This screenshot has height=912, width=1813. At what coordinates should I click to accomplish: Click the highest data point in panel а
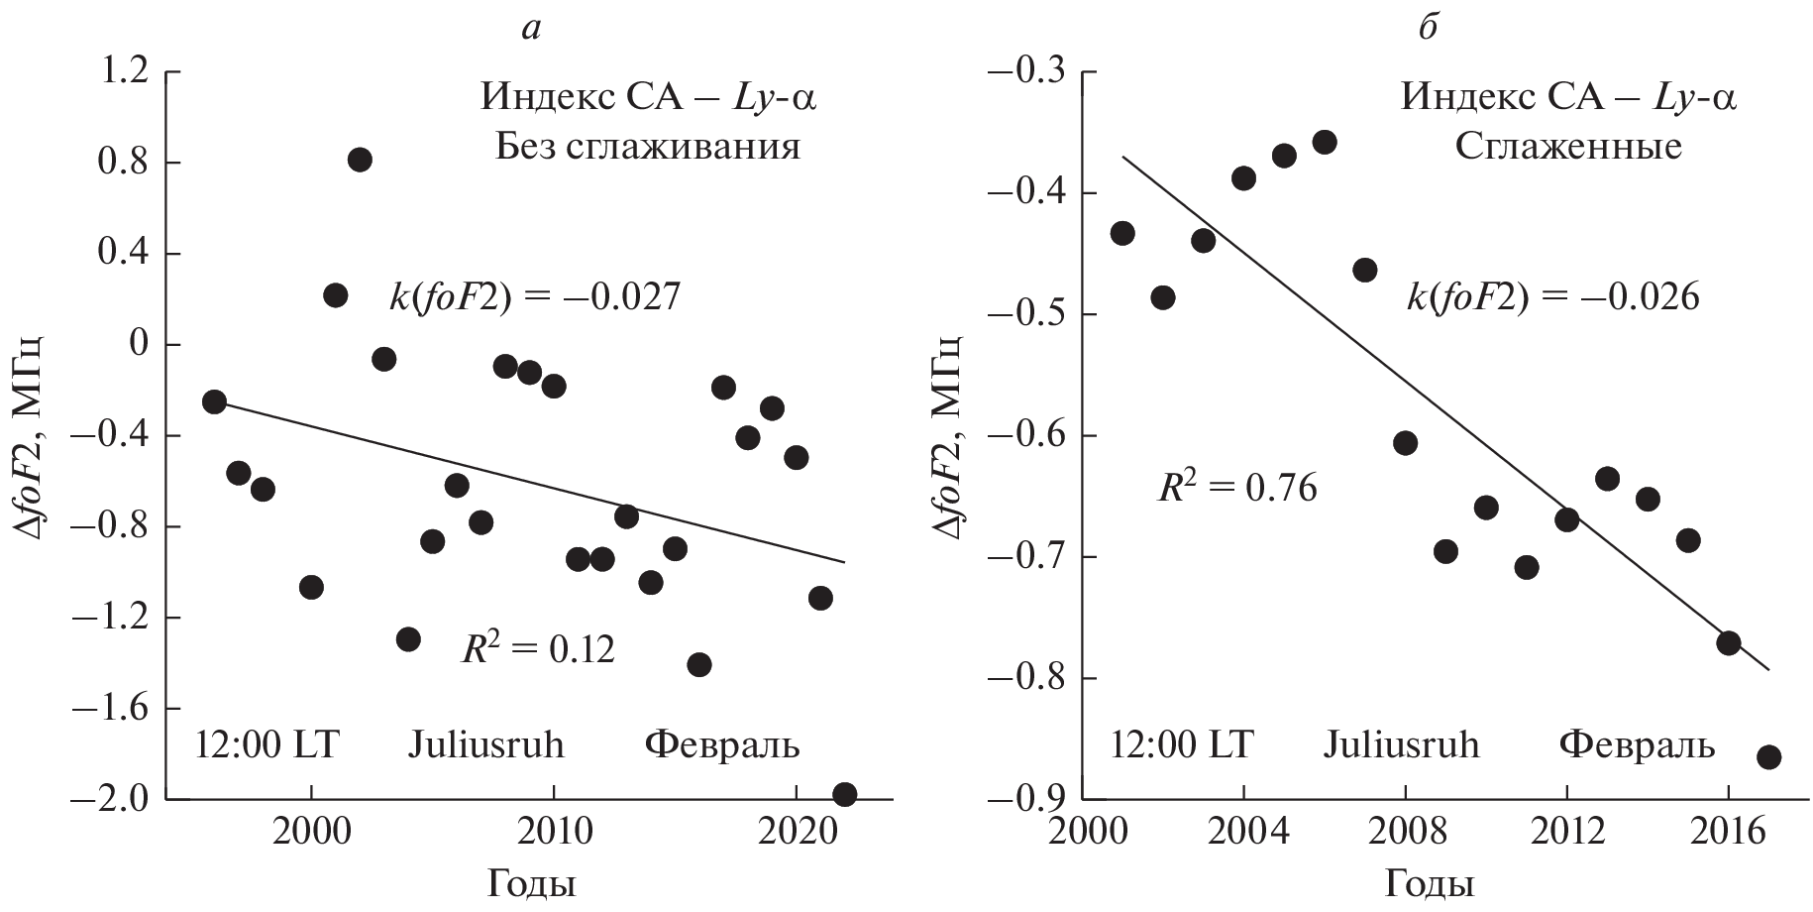pyautogui.click(x=360, y=160)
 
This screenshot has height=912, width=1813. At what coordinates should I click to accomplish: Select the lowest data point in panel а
pyautogui.click(x=845, y=793)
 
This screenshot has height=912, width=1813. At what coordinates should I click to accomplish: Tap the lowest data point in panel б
pyautogui.click(x=1768, y=757)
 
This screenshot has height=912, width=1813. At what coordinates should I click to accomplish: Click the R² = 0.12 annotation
pyautogui.click(x=538, y=649)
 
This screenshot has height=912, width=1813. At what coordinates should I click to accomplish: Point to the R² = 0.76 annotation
pyautogui.click(x=1237, y=488)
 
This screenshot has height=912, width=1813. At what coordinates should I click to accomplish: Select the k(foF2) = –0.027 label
pyautogui.click(x=535, y=297)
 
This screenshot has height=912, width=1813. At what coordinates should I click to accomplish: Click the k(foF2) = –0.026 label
pyautogui.click(x=1552, y=297)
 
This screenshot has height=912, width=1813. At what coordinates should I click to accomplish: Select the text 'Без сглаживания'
pyautogui.click(x=648, y=148)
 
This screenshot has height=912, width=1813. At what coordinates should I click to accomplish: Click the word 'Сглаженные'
pyautogui.click(x=1567, y=148)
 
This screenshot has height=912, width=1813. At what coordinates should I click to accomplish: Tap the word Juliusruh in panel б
pyautogui.click(x=1401, y=743)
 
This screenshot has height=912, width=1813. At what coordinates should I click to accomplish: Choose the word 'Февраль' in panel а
pyautogui.click(x=722, y=743)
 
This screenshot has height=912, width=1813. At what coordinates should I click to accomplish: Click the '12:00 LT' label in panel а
pyautogui.click(x=267, y=743)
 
